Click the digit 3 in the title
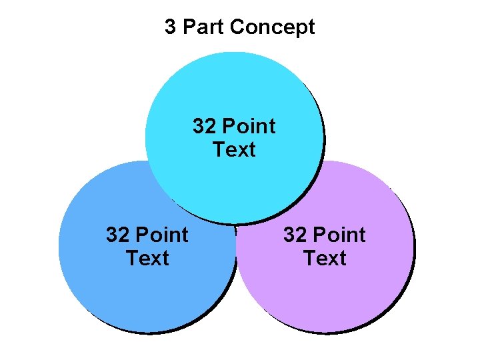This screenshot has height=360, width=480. coord(171,27)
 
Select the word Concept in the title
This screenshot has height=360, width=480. coord(271,28)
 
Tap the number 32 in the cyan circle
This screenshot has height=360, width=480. coord(204,126)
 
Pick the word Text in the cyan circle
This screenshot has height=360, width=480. coord(234,149)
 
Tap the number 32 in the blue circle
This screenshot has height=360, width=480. coord(117,235)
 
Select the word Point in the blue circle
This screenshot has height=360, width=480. coord(161,235)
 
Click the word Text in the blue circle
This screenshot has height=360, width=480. coord(147,258)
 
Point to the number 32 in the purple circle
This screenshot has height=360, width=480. coord(295,235)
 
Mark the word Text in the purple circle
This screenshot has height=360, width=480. coord(325,258)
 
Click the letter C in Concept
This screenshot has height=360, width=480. coord(235,28)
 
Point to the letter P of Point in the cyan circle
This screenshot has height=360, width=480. coord(228,126)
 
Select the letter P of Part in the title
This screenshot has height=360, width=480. coord(189,27)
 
